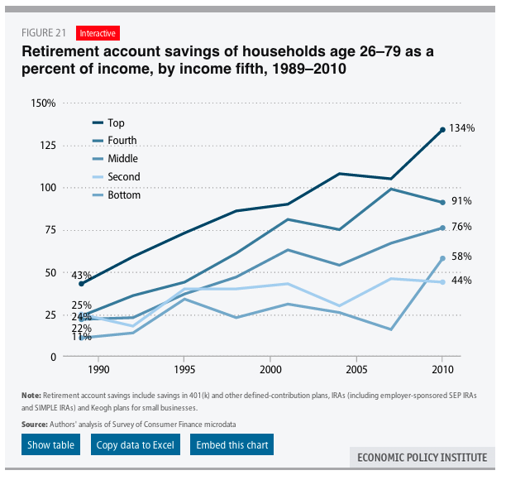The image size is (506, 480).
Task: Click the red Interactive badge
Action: [x=98, y=33]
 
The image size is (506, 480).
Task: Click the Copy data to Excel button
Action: [x=136, y=445]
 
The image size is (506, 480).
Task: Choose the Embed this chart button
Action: [x=232, y=445]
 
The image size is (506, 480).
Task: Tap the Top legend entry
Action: [x=116, y=122]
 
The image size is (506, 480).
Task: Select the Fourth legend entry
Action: [x=122, y=141]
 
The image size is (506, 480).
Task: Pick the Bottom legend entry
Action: [x=124, y=195]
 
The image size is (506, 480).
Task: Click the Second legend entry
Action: [x=124, y=176]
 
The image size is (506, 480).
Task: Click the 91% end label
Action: [x=461, y=201]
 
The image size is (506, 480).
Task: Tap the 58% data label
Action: [x=461, y=257]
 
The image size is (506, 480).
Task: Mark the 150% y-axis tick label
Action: [x=42, y=103]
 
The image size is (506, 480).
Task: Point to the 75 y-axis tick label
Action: [x=48, y=230]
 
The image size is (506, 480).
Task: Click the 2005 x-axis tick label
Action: [x=356, y=368]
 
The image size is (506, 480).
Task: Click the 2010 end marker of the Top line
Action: [x=443, y=130]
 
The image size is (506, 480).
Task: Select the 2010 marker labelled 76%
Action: [x=443, y=228]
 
